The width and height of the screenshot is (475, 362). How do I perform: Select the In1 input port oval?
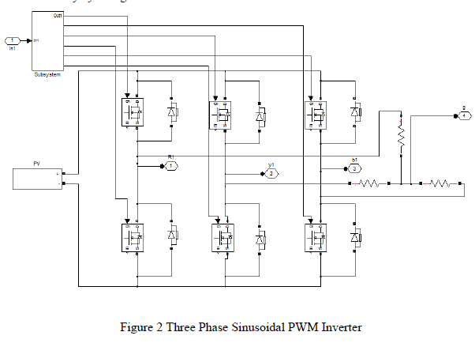[13, 40]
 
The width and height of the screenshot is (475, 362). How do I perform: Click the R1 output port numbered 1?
[170, 166]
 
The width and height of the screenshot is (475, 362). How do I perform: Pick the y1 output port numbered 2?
[271, 172]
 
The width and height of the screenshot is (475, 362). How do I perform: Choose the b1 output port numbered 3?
[355, 168]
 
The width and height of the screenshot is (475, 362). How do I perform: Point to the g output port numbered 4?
[466, 115]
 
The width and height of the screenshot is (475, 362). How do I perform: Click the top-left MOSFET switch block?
[131, 111]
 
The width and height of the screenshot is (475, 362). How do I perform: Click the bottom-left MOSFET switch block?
[131, 236]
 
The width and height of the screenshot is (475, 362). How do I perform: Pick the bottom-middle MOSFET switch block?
[220, 237]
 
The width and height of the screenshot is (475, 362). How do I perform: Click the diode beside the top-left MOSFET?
[173, 111]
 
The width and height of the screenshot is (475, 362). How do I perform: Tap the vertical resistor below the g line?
[400, 138]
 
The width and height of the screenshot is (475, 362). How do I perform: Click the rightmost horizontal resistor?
[440, 185]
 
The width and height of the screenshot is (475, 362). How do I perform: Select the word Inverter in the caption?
[341, 326]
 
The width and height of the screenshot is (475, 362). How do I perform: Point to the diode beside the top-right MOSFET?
[355, 111]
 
